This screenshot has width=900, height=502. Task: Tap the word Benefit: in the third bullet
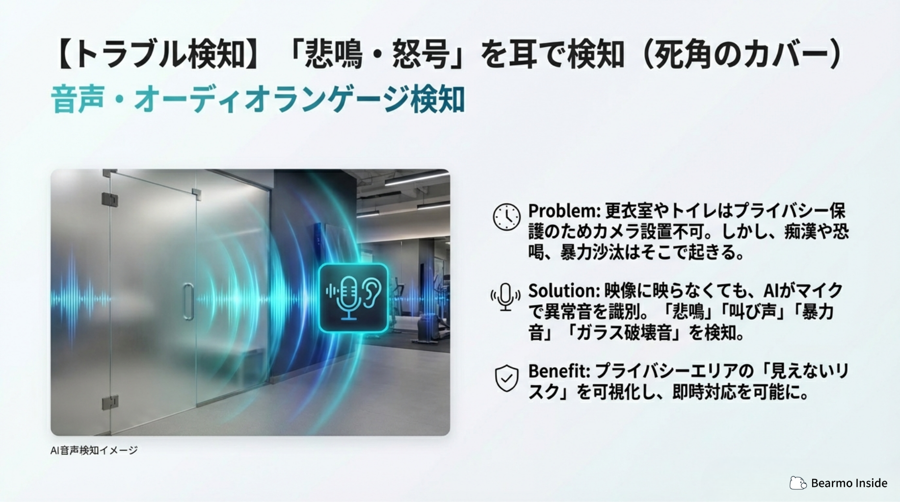559,371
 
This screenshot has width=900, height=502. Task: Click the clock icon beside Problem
506,217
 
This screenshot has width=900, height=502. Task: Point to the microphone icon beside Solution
505,297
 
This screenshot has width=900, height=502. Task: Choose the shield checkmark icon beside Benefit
506,378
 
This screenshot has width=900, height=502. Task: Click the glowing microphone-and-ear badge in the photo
353,298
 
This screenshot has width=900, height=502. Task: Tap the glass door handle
188,301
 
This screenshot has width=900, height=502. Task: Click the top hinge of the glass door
110,199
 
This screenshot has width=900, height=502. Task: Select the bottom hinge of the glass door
110,402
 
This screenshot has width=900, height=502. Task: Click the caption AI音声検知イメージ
94,450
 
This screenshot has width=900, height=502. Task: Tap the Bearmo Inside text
849,483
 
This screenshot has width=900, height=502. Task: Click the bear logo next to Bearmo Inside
798,483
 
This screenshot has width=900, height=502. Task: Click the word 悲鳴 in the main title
334,54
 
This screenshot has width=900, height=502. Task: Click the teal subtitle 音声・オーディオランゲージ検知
258,100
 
